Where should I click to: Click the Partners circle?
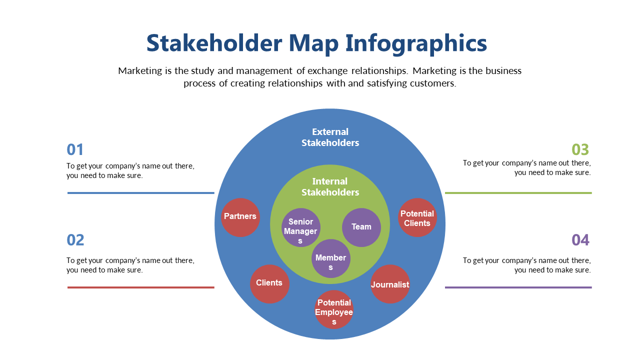coord(240,217)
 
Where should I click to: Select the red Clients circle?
coord(269,284)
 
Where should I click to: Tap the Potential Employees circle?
coord(334,309)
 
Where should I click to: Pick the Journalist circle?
coord(390,284)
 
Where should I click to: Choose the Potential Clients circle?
coord(417,217)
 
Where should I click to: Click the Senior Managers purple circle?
coord(301,227)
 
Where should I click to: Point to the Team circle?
coord(361,227)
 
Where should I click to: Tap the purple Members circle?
coord(331,258)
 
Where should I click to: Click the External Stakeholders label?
coord(330,137)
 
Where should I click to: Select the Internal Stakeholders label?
coord(330,187)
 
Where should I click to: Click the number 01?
coord(75,149)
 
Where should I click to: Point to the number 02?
coord(75,240)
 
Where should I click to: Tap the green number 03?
coord(580,149)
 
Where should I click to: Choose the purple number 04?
coord(580,240)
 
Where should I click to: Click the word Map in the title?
coord(313,43)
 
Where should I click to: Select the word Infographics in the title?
coord(416,43)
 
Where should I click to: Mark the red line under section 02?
coord(141,287)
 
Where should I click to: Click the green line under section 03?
coord(518,193)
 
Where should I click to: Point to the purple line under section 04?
coord(518,287)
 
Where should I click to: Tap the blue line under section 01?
coord(141,193)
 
